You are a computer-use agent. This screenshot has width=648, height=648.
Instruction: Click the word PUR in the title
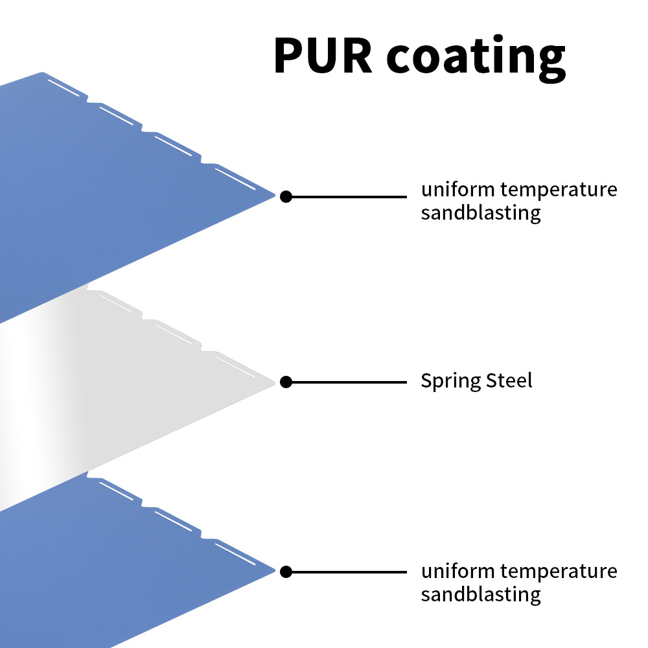click(x=323, y=56)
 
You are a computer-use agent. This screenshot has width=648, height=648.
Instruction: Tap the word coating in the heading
click(x=476, y=57)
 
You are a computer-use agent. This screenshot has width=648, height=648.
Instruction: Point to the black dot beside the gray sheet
click(x=286, y=383)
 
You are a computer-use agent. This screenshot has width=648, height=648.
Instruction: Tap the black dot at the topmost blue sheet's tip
click(x=286, y=196)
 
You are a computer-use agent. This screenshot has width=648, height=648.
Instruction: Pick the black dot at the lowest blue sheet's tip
click(x=286, y=572)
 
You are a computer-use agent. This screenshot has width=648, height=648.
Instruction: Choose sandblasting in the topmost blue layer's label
click(x=480, y=213)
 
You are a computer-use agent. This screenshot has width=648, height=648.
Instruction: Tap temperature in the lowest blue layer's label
click(x=559, y=572)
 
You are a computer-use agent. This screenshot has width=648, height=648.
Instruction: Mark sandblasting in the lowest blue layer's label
click(x=480, y=594)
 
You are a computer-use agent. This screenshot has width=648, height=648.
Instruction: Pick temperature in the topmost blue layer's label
click(x=559, y=191)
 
